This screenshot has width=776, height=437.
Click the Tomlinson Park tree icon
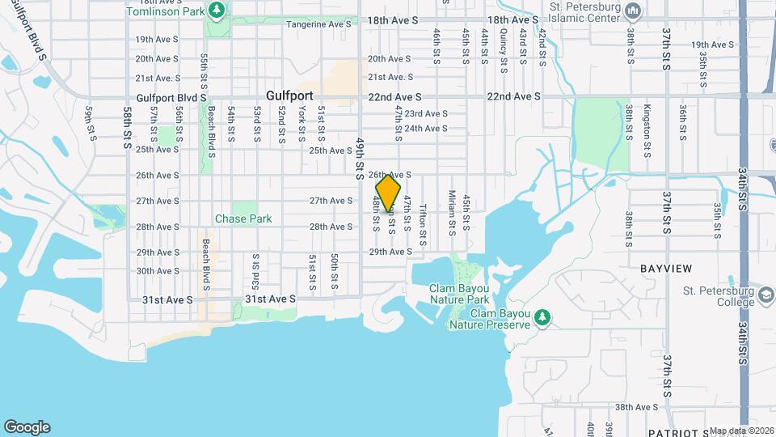[216, 10]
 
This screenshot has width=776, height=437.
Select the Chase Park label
[243, 218]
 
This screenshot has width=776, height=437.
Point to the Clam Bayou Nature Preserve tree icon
[544, 318]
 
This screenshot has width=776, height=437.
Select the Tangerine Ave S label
[320, 24]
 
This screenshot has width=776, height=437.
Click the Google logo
[27, 427]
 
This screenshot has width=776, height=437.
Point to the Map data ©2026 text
[741, 431]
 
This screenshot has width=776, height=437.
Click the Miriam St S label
[453, 212]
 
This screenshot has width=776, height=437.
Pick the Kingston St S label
[647, 123]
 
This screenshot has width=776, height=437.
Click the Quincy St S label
[503, 51]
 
